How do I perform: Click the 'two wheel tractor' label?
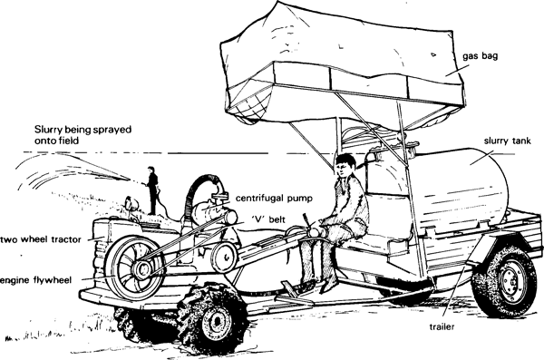[43, 239]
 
